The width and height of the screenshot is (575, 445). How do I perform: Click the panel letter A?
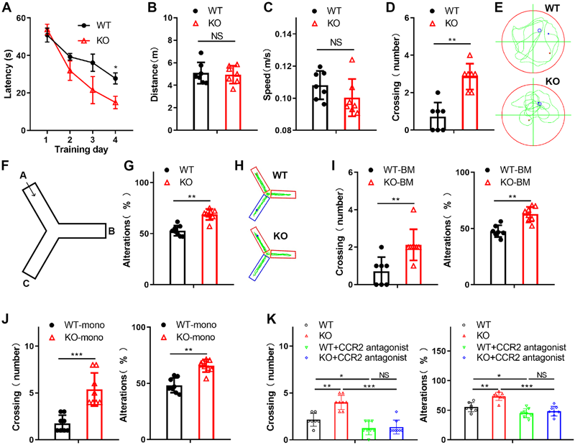tap(8, 9)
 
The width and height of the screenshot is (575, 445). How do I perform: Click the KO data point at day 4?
tap(115, 103)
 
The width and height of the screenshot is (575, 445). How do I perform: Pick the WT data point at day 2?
tap(70, 57)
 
